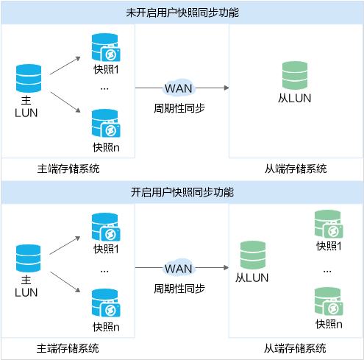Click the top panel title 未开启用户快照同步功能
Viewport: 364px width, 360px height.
182,13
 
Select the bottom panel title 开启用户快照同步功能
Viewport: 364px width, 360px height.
182,192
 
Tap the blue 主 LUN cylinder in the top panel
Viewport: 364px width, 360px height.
29,78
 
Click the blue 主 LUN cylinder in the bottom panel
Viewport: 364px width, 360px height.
29,258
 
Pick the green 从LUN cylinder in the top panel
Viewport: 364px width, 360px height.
295,75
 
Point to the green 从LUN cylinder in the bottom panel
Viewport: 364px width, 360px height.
253,255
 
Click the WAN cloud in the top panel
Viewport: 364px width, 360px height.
179,88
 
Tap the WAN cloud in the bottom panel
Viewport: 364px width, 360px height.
179,268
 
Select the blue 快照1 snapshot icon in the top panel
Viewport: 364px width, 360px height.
106,47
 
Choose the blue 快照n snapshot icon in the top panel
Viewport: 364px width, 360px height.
106,123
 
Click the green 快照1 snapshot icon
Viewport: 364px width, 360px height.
329,224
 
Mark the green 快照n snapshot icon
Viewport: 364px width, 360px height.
329,301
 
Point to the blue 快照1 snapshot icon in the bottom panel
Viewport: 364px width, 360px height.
106,227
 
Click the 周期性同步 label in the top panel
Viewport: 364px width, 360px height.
179,108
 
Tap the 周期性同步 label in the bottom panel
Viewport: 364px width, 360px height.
179,289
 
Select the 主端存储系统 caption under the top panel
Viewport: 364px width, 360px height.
68,169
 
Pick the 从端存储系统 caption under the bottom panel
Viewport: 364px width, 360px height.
295,348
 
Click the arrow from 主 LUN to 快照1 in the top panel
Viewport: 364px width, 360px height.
65,66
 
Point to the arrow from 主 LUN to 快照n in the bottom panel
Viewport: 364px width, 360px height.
65,282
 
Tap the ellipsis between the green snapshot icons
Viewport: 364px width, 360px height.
327,272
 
